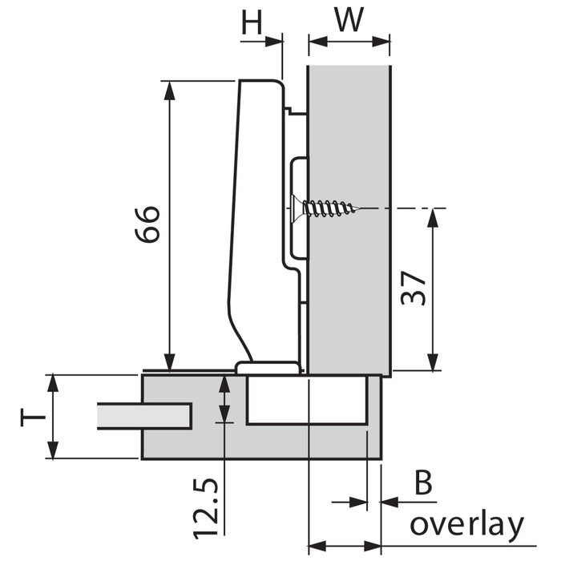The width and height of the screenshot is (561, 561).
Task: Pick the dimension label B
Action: tap(423, 485)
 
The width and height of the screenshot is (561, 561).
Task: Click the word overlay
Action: tap(466, 525)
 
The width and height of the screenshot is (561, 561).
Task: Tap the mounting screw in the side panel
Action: tap(325, 208)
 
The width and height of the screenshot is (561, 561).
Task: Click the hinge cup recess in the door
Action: tap(307, 401)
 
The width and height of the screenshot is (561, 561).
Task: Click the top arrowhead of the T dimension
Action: tap(54, 381)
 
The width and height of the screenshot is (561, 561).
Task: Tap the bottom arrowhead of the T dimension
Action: tap(54, 453)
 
